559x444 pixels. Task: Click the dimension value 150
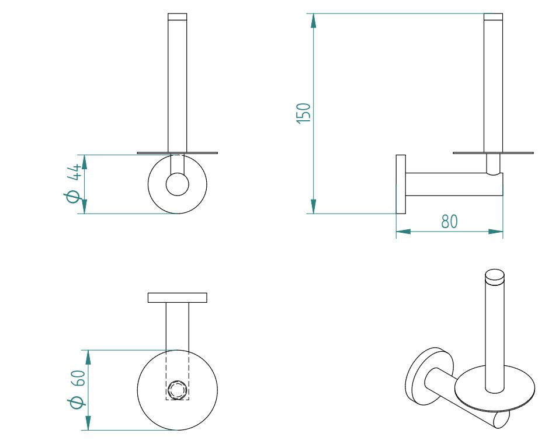(304, 112)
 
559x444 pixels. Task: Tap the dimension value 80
(449, 222)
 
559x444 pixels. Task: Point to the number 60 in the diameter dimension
(78, 378)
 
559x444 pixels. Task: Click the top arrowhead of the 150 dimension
(314, 21)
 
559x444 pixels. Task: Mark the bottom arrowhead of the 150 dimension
(314, 206)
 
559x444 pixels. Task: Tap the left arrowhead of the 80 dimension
(404, 232)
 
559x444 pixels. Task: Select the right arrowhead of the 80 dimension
(495, 232)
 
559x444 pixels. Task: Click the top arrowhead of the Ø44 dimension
(85, 162)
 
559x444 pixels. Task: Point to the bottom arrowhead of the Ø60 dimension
(88, 423)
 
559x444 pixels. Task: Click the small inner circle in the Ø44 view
(177, 184)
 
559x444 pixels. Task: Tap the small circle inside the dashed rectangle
(177, 389)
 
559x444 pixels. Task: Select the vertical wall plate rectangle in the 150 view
(401, 184)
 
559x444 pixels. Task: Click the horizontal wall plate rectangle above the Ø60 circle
(177, 298)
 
